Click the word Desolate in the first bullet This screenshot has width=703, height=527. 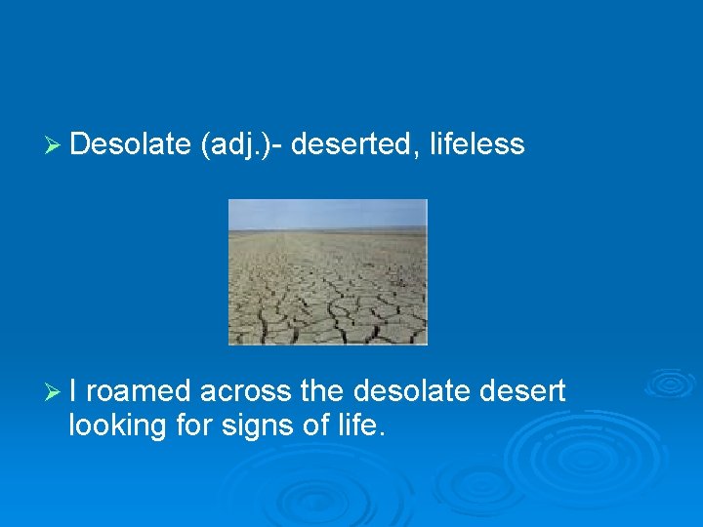130,144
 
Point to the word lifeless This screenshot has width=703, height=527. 477,144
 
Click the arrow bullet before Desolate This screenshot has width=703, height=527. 56,145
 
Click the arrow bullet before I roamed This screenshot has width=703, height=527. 56,392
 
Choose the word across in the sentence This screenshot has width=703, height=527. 245,391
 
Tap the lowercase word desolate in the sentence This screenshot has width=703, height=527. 412,391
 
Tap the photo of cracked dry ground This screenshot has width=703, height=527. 328,288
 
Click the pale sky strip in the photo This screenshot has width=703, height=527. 328,212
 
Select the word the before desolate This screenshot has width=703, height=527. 321,391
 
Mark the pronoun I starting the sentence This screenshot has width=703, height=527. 76,391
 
